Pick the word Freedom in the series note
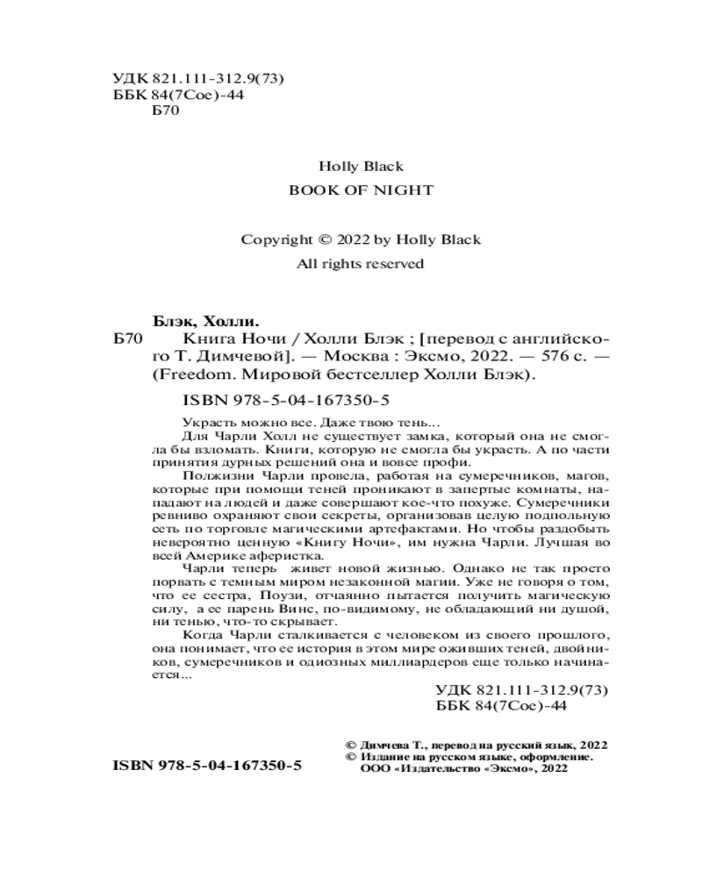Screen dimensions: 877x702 (214, 376)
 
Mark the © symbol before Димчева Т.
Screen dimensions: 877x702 (353, 743)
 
